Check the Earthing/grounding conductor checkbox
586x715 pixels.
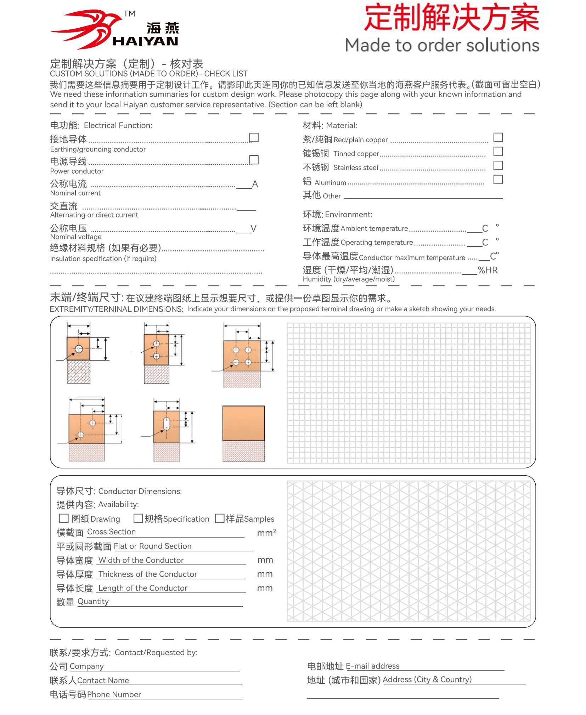pos(254,137)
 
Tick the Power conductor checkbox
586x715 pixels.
pos(254,160)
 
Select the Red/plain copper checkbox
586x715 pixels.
pos(498,137)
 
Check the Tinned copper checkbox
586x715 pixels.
pos(498,152)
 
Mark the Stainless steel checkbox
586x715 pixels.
pos(498,165)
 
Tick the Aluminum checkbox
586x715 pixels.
pos(498,180)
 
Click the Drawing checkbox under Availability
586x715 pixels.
pos(64,518)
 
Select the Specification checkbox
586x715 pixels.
pos(138,518)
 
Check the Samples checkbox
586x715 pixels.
pos(220,518)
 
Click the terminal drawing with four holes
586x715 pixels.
pos(242,356)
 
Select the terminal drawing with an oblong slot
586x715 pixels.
pos(167,427)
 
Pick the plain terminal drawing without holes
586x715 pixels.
pos(243,423)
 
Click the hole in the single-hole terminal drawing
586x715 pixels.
pos(79,349)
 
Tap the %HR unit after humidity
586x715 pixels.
pos(488,270)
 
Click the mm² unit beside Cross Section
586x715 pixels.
pos(266,533)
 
